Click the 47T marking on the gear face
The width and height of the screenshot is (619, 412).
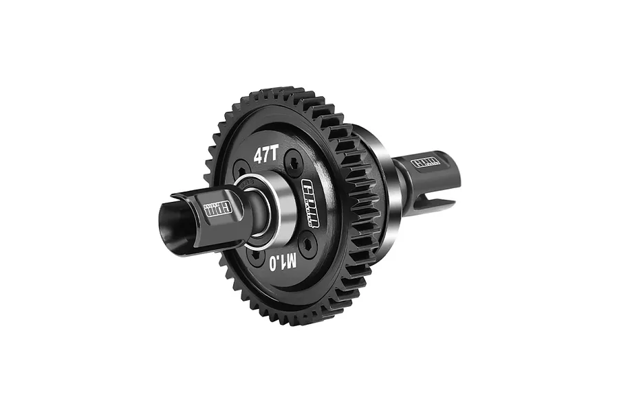pyautogui.click(x=265, y=155)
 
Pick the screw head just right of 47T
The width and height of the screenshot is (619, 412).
pyautogui.click(x=292, y=162)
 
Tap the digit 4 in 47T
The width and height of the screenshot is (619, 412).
pyautogui.click(x=258, y=156)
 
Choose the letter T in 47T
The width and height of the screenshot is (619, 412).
pyautogui.click(x=274, y=154)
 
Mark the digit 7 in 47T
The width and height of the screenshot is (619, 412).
pyautogui.click(x=266, y=155)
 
